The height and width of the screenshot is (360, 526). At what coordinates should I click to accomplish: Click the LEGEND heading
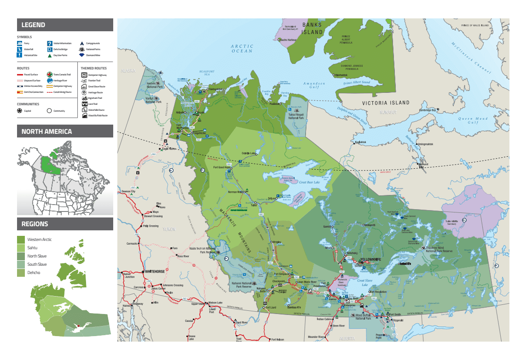point(34,25)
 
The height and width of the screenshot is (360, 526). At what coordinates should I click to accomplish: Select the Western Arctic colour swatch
point(21,240)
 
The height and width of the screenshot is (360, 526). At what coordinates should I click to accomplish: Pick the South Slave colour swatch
point(21,264)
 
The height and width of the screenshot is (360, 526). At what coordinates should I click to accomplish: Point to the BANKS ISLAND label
point(312,29)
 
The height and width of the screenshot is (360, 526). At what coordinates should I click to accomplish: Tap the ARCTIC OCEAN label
point(242,48)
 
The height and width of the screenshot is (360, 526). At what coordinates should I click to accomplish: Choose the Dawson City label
point(128,191)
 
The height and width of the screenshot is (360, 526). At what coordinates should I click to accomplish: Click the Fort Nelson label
point(277,339)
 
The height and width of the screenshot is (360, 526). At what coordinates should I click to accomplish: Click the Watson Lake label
point(215,303)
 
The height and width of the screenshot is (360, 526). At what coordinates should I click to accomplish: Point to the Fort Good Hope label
point(222,167)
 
